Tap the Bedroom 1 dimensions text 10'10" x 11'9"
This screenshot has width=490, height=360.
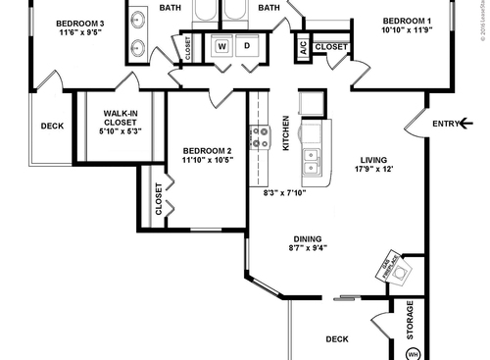(406, 30)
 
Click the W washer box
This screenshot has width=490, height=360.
(221, 46)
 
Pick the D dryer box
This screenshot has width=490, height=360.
(246, 46)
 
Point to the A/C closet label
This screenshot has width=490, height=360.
(303, 46)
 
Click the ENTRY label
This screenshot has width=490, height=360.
(447, 123)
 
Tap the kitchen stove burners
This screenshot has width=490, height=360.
(261, 137)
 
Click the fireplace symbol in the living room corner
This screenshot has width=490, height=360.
(391, 268)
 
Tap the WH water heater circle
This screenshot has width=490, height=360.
(413, 352)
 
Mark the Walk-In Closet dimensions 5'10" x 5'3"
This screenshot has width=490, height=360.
(122, 130)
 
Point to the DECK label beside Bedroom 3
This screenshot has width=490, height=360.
(52, 126)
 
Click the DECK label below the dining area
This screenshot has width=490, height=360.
(337, 339)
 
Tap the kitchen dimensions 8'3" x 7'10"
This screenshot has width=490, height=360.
(285, 192)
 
